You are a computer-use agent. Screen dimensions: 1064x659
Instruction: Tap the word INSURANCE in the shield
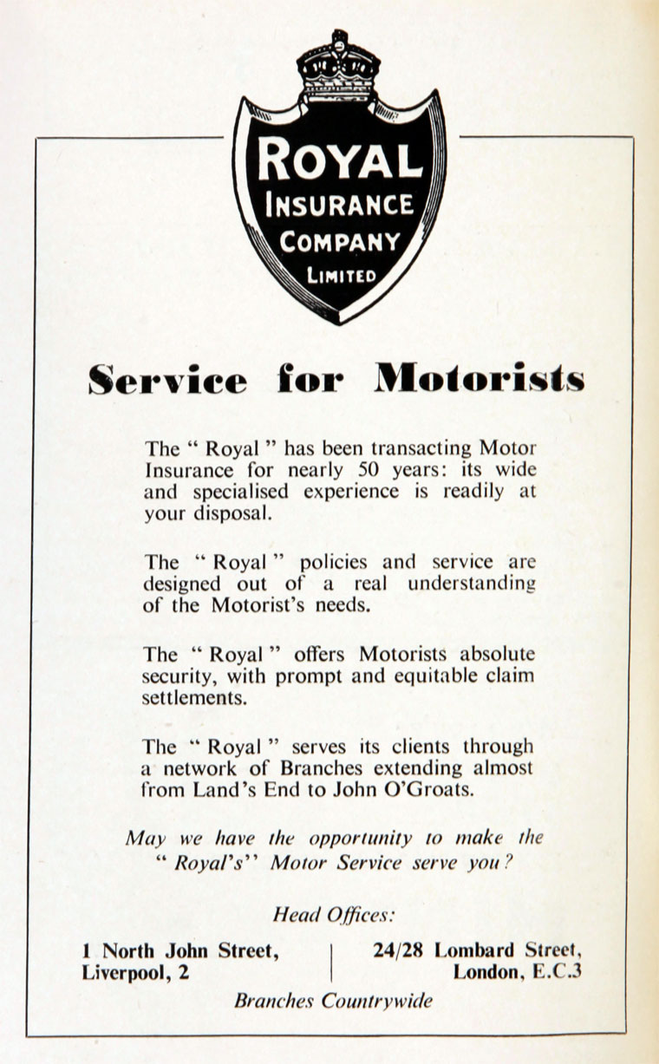click(x=339, y=206)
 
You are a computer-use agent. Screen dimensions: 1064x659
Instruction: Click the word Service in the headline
click(x=166, y=379)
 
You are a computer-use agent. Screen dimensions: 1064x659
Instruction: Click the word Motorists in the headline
click(x=480, y=379)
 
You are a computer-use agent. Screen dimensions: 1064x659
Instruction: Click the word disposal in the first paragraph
click(x=232, y=513)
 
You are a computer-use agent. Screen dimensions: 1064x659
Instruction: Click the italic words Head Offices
click(x=334, y=914)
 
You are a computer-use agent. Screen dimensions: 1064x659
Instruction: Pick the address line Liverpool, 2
click(x=135, y=972)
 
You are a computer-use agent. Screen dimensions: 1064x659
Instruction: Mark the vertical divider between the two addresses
click(x=331, y=962)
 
